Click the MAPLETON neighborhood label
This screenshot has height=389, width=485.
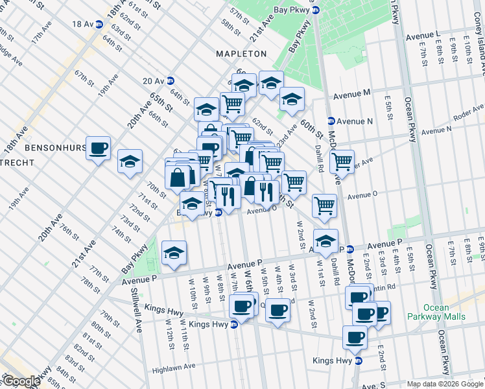pyautogui.click(x=241, y=54)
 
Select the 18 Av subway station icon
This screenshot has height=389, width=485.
pyautogui.click(x=99, y=24)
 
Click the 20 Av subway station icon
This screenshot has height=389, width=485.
pyautogui.click(x=170, y=81)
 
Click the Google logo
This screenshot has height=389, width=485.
pyautogui.click(x=21, y=381)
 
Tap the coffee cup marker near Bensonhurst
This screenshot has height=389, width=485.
pyautogui.click(x=99, y=149)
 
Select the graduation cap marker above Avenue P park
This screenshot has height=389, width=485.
pyautogui.click(x=174, y=253)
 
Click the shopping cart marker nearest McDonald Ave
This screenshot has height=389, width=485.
pyautogui.click(x=342, y=161)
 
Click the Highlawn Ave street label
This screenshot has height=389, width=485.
pyautogui.click(x=173, y=367)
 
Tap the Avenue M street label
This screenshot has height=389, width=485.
pyautogui.click(x=352, y=93)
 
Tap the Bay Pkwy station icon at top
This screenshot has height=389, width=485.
pyautogui.click(x=315, y=10)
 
